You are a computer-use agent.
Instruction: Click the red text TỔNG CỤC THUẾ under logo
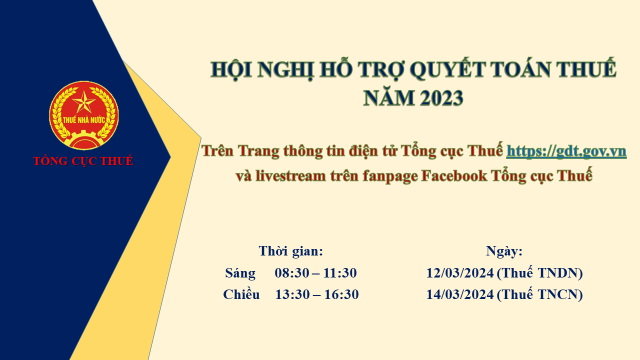(x=83, y=161)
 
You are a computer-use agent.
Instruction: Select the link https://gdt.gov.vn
(x=566, y=151)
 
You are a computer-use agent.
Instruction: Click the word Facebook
(x=456, y=176)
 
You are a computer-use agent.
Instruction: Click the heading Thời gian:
(x=291, y=251)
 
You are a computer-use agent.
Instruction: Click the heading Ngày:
(x=504, y=251)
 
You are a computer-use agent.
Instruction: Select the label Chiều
(x=243, y=293)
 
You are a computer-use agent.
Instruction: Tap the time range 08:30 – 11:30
(x=316, y=272)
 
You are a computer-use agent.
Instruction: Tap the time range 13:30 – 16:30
(x=316, y=293)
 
